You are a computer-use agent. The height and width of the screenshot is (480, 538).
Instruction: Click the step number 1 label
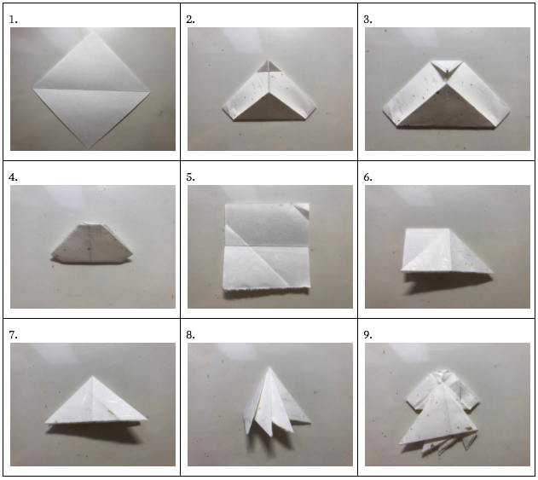pyautogui.click(x=13, y=20)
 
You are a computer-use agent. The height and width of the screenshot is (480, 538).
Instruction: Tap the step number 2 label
pyautogui.click(x=190, y=20)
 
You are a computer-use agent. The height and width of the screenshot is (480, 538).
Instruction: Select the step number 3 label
pyautogui.click(x=367, y=20)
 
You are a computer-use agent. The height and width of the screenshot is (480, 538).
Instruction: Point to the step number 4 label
pyautogui.click(x=13, y=177)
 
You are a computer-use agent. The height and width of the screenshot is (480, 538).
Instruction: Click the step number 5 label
pyautogui.click(x=190, y=177)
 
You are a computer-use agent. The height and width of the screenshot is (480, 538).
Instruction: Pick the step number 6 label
pyautogui.click(x=367, y=177)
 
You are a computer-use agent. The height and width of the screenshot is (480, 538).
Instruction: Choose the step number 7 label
pyautogui.click(x=13, y=335)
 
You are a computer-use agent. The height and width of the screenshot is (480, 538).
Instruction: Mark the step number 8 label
pyautogui.click(x=190, y=335)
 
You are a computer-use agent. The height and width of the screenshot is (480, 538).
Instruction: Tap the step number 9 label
pyautogui.click(x=367, y=335)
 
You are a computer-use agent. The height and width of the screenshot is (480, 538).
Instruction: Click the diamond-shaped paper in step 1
pyautogui.click(x=91, y=90)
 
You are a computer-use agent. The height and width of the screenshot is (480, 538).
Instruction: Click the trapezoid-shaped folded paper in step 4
pyautogui.click(x=92, y=243)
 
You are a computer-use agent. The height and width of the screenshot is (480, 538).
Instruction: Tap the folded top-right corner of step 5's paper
pyautogui.click(x=303, y=210)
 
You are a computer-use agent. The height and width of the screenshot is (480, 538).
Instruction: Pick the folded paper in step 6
pyautogui.click(x=448, y=251)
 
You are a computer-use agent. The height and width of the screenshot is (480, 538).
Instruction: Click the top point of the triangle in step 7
pyautogui.click(x=92, y=376)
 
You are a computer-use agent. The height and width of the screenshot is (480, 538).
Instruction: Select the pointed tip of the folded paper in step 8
pyautogui.click(x=269, y=367)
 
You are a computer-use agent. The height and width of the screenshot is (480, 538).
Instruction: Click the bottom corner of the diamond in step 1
pyautogui.click(x=89, y=148)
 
